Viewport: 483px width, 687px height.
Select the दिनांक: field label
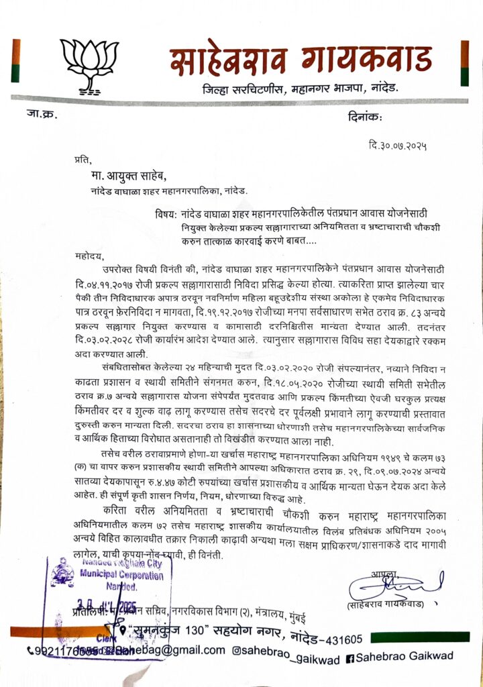coord(365,118)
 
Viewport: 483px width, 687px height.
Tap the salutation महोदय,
coord(89,256)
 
